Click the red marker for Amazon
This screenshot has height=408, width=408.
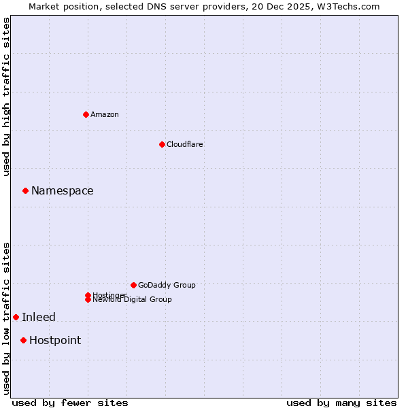(86, 114)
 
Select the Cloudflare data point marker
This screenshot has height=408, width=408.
(162, 144)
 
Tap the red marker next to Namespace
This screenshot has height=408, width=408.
(25, 191)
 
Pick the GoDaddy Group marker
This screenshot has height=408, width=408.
(133, 285)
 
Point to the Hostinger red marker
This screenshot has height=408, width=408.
(88, 295)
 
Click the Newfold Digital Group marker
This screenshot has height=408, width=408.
(88, 299)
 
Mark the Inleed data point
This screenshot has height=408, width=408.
(16, 317)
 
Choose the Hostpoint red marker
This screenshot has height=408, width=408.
(23, 340)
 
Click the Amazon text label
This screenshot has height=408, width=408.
(105, 114)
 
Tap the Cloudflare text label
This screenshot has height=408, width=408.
(185, 144)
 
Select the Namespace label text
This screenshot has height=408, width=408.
(63, 191)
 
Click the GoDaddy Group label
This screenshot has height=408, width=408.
(167, 285)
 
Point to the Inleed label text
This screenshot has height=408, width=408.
(39, 318)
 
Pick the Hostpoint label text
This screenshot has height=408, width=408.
(55, 341)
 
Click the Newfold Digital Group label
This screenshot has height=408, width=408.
(133, 300)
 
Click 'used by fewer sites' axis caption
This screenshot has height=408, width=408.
(70, 403)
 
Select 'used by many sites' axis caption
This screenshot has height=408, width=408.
(341, 403)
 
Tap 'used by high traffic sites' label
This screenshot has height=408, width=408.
(7, 97)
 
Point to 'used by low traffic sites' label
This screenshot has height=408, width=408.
(7, 318)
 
